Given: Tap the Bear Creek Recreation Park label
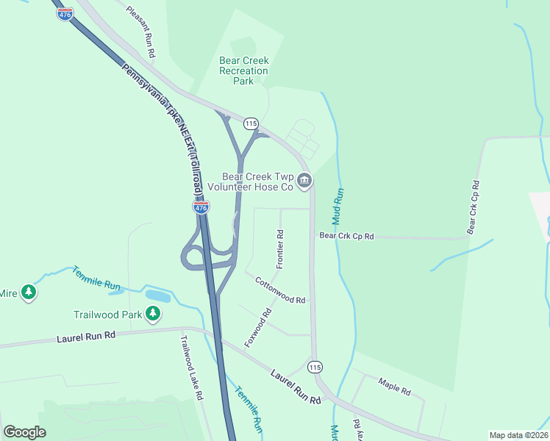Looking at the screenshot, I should click(x=244, y=71).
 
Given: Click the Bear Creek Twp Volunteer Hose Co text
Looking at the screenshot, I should click(x=260, y=182).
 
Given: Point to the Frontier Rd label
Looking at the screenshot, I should click(x=280, y=248).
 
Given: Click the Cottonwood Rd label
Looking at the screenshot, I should click(x=280, y=290).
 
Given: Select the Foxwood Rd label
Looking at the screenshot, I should click(x=258, y=328).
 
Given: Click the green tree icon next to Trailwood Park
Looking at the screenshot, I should click(x=153, y=315).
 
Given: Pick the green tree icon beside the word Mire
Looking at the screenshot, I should click(x=29, y=293).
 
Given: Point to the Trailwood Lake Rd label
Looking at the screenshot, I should click(x=191, y=367).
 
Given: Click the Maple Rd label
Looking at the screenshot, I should click(x=394, y=386).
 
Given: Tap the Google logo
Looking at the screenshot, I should click(x=24, y=432).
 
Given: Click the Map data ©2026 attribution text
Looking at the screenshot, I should click(x=518, y=435).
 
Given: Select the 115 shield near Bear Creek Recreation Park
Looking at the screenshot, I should click(x=251, y=123).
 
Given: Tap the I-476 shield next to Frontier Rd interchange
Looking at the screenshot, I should click(x=201, y=207).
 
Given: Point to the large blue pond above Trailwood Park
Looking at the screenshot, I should click(x=157, y=295).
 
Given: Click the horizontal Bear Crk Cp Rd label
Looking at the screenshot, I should click(x=346, y=236).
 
